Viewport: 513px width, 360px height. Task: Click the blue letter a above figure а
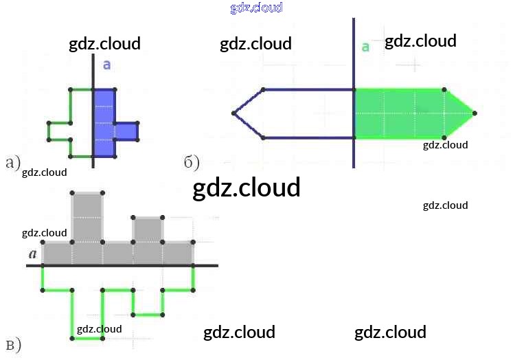click(x=106, y=65)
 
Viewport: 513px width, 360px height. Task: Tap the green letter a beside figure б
click(x=365, y=47)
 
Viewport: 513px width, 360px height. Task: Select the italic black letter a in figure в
click(x=32, y=254)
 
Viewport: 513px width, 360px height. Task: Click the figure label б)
click(x=192, y=163)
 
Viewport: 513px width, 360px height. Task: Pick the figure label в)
click(x=12, y=346)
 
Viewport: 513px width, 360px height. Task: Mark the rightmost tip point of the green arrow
click(x=475, y=113)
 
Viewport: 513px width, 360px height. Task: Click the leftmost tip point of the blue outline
click(x=233, y=113)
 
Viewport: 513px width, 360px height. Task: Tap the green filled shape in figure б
click(x=405, y=113)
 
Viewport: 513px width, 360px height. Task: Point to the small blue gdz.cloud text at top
click(x=256, y=8)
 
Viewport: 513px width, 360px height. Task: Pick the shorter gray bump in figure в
click(x=148, y=230)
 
